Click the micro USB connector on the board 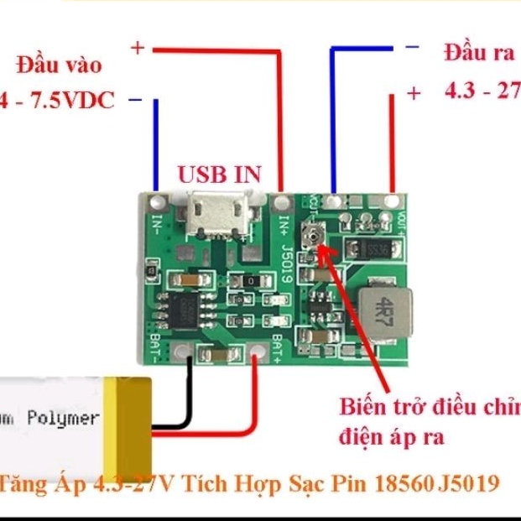(x=219, y=215)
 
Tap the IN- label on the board (x=157, y=224)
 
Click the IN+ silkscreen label (x=284, y=225)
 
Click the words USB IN (x=220, y=175)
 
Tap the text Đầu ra (x=478, y=54)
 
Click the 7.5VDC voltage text (x=70, y=102)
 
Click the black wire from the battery (x=190, y=394)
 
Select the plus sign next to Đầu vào (x=138, y=49)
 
